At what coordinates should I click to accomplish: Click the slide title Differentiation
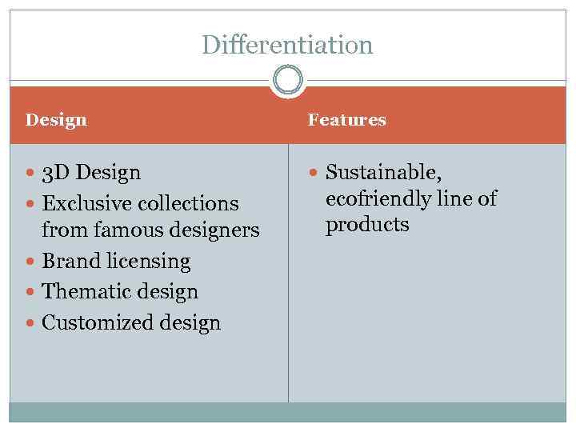(x=287, y=44)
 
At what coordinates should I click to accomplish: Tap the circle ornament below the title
(x=288, y=79)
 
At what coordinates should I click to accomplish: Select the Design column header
(x=56, y=120)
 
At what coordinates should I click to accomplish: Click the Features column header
(x=346, y=120)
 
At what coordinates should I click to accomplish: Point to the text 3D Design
(x=91, y=172)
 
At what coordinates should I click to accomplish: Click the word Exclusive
(x=84, y=203)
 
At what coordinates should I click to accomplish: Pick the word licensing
(x=147, y=262)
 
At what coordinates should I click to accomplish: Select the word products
(x=367, y=225)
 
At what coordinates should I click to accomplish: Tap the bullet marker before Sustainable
(x=314, y=173)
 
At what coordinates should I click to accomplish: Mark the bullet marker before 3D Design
(x=30, y=173)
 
